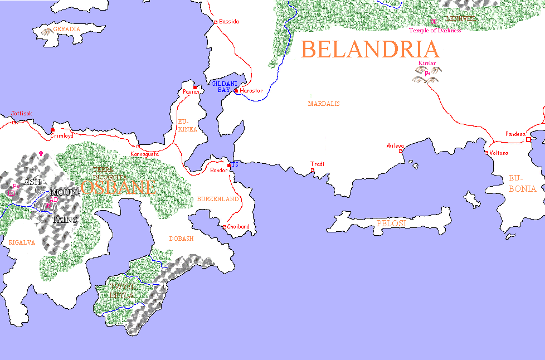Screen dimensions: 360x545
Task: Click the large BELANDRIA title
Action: (370, 50)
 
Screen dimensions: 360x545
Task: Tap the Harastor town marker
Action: (236, 90)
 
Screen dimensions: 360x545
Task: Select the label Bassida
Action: (229, 21)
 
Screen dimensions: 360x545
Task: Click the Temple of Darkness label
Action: (435, 31)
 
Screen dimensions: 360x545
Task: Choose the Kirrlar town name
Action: (427, 64)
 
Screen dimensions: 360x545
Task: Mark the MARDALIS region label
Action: (324, 104)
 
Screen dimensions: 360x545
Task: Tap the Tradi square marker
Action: (313, 170)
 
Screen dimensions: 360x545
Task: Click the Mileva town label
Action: (395, 146)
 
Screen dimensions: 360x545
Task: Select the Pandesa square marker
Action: (528, 140)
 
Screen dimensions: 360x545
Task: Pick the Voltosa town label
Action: (499, 153)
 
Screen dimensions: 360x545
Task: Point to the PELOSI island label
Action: (392, 223)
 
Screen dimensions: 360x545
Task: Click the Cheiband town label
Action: (238, 227)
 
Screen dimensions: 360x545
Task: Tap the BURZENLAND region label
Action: (217, 199)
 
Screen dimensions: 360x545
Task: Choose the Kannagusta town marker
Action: (138, 146)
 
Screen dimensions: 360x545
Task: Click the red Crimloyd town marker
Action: (53, 129)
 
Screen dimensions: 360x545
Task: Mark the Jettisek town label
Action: (22, 114)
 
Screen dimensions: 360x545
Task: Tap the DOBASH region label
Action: (181, 239)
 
